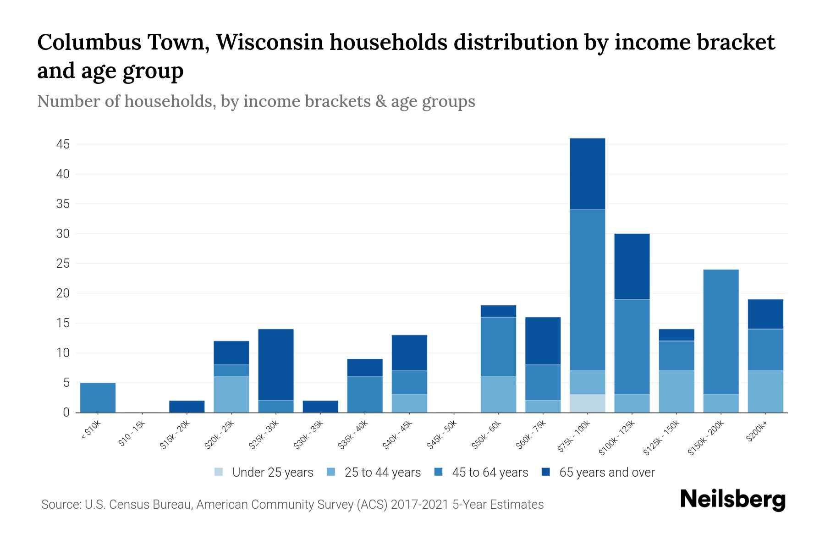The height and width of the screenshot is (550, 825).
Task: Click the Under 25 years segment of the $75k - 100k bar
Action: [587, 403]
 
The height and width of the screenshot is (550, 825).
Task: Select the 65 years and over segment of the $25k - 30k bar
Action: [276, 365]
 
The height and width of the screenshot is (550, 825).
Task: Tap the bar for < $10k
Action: [98, 397]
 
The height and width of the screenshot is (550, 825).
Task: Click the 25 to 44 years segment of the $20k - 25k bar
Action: [231, 395]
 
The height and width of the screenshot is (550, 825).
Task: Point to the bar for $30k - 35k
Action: [320, 407]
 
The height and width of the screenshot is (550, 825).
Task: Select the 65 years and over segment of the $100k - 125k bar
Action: [632, 266]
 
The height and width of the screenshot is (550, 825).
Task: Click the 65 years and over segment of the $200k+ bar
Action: [765, 314]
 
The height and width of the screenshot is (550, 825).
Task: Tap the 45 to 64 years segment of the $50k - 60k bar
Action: [498, 347]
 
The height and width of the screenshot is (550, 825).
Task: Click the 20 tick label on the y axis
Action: [63, 293]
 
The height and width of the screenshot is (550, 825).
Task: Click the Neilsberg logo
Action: [732, 500]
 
